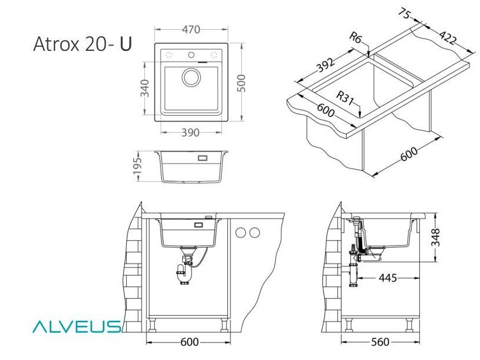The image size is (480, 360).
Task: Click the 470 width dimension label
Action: [191, 29]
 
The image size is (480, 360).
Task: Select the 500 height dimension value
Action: [242, 83]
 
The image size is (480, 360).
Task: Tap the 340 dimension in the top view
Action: [144, 88]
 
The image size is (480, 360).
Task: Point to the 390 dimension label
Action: [190, 132]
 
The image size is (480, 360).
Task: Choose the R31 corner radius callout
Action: [345, 98]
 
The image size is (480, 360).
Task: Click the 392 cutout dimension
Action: [325, 65]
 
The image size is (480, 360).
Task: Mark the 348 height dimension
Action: [435, 237]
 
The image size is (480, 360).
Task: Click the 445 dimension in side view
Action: [388, 278]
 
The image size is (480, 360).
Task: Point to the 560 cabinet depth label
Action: [380, 342]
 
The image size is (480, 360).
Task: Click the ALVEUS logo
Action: [77, 327]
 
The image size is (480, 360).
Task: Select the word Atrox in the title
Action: [57, 44]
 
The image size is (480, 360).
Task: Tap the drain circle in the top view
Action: [192, 77]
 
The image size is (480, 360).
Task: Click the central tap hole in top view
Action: [192, 55]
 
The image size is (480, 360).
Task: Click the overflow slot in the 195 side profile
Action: [203, 158]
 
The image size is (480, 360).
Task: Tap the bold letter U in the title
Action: [126, 44]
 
